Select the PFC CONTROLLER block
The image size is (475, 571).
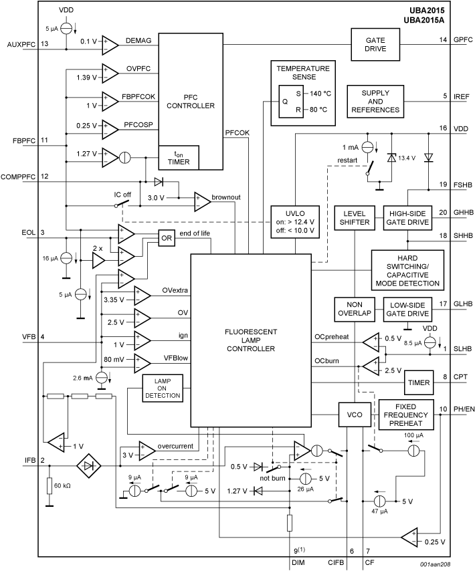(x=191, y=101)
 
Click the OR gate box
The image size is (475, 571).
(x=167, y=237)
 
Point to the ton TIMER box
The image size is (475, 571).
(x=178, y=156)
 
